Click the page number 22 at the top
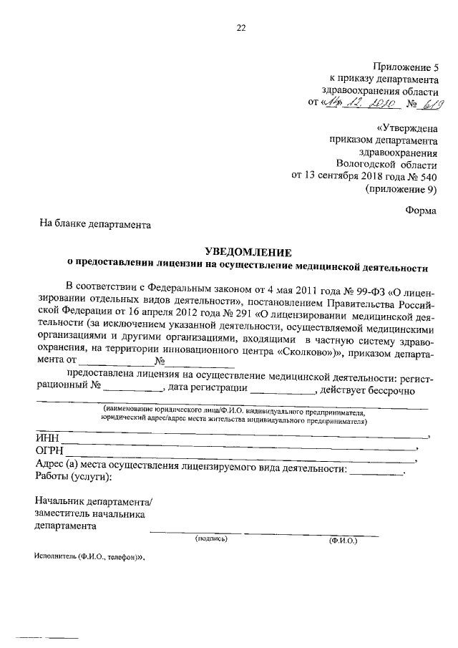click(x=241, y=28)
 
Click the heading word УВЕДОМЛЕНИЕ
click(x=248, y=252)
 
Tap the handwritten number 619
click(x=430, y=105)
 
